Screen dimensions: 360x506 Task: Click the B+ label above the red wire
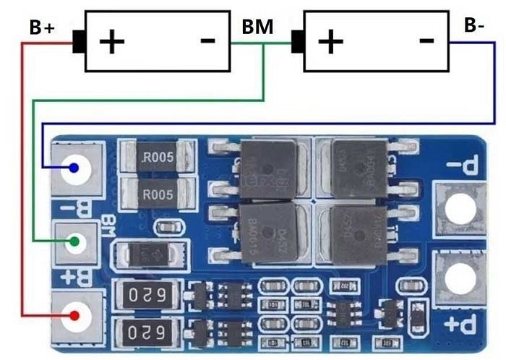point(41,28)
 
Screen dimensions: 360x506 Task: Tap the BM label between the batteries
point(257,28)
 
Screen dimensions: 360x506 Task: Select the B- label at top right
point(474,26)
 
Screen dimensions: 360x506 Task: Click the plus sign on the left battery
point(112,41)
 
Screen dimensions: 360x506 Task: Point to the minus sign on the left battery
point(207,40)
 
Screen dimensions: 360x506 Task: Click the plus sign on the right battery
point(330,41)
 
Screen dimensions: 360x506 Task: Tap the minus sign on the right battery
point(426,40)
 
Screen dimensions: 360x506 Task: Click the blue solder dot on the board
point(74,169)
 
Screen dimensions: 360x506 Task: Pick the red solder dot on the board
point(74,315)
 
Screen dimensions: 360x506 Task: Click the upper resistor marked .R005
point(158,157)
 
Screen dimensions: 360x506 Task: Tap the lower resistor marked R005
point(158,193)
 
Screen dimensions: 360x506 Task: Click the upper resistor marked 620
point(150,295)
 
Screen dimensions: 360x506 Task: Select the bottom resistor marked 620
point(150,333)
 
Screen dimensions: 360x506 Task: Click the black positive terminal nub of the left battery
point(80,43)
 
